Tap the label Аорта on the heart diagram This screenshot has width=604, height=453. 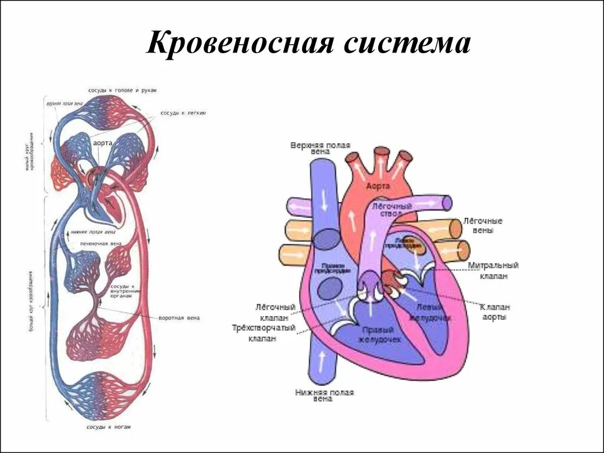(x=377, y=186)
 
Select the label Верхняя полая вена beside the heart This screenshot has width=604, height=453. (x=320, y=148)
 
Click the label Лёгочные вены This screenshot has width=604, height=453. (x=482, y=225)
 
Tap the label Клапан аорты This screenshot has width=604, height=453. (x=494, y=312)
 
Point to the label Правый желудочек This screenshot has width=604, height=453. (x=382, y=335)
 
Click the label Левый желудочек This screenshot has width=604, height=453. (x=433, y=313)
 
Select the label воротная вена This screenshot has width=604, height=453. (x=179, y=318)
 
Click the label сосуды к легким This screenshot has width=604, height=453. (x=182, y=113)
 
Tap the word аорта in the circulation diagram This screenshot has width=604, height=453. (x=103, y=143)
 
